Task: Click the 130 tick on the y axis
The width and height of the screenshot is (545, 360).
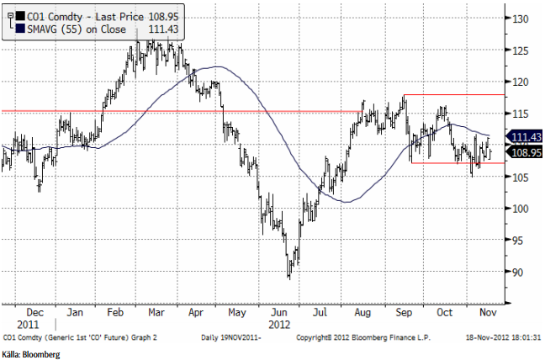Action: pyautogui.click(x=521, y=19)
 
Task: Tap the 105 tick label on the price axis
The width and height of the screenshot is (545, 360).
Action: pyautogui.click(x=521, y=177)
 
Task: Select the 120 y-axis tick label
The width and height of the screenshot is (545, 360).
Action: pyautogui.click(x=521, y=82)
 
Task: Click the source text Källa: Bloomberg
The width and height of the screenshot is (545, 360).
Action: pyautogui.click(x=31, y=354)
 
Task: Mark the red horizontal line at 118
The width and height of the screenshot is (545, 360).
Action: pyautogui.click(x=454, y=95)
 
